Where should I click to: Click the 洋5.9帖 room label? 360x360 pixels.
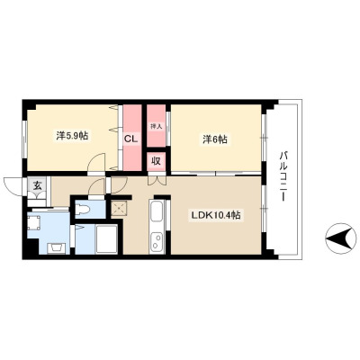tap(72, 136)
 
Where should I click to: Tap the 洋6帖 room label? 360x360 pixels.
tap(215, 139)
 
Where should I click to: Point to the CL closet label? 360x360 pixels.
tap(131, 139)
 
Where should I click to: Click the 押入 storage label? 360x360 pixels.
tap(156, 126)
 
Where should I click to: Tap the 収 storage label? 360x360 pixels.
tap(156, 161)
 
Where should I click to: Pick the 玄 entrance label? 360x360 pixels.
tap(37, 185)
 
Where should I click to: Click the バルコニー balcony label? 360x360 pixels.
tap(283, 176)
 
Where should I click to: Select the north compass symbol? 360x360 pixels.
tap(340, 238)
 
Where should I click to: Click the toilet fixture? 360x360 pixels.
tap(82, 209)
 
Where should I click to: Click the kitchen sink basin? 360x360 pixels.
tap(156, 213)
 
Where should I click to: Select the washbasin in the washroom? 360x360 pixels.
tap(57, 247)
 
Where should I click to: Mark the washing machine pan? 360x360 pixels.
tap(33, 221)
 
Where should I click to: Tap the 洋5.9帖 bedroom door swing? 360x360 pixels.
tap(96, 162)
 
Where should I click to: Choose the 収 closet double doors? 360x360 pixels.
tap(157, 181)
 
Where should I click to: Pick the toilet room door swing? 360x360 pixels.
tap(98, 186)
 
